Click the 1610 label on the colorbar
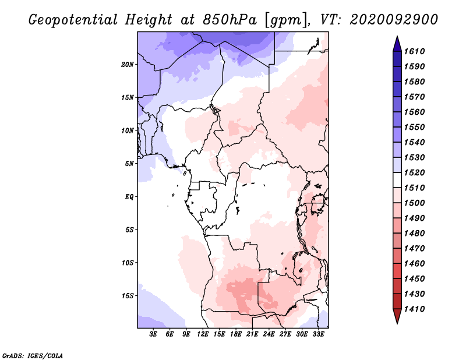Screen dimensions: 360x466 coord(416,52)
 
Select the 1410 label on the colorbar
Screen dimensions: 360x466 coord(416,309)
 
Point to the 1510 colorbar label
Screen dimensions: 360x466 coord(416,188)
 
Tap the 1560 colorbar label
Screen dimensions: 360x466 coord(416,112)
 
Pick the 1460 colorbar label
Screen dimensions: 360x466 coord(416,263)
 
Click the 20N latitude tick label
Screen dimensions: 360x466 coord(128,64)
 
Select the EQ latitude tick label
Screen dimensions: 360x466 coord(129,196)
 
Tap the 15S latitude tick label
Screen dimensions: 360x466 coord(128,295)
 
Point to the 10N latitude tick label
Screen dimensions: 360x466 coord(128,130)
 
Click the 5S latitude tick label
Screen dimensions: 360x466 coord(129,230)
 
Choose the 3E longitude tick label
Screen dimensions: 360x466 coord(154,335)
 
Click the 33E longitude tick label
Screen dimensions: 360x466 coord(318,335)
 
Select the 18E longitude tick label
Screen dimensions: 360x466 coord(236,335)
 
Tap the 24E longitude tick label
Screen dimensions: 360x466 coord(269,335)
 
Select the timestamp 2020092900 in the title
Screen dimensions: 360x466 coord(394,20)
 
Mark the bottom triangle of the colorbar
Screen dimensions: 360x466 coord(397,316)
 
